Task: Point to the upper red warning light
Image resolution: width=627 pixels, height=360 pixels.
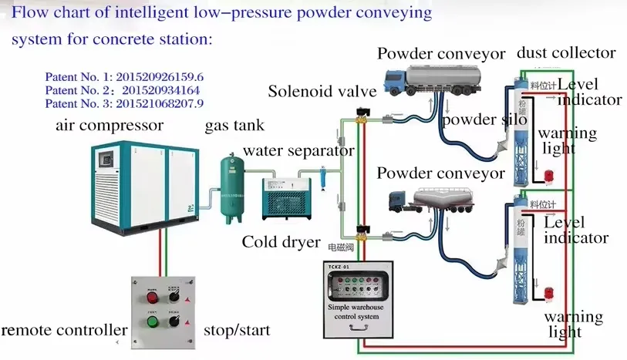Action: (x=549, y=177)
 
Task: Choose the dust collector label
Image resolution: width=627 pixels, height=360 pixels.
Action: (x=566, y=52)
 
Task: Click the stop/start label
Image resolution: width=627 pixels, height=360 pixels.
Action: (x=237, y=331)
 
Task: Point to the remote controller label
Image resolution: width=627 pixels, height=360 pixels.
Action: (x=64, y=331)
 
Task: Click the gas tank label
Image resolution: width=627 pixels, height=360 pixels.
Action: (x=234, y=126)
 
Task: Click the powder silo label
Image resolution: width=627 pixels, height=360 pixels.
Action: (x=478, y=120)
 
